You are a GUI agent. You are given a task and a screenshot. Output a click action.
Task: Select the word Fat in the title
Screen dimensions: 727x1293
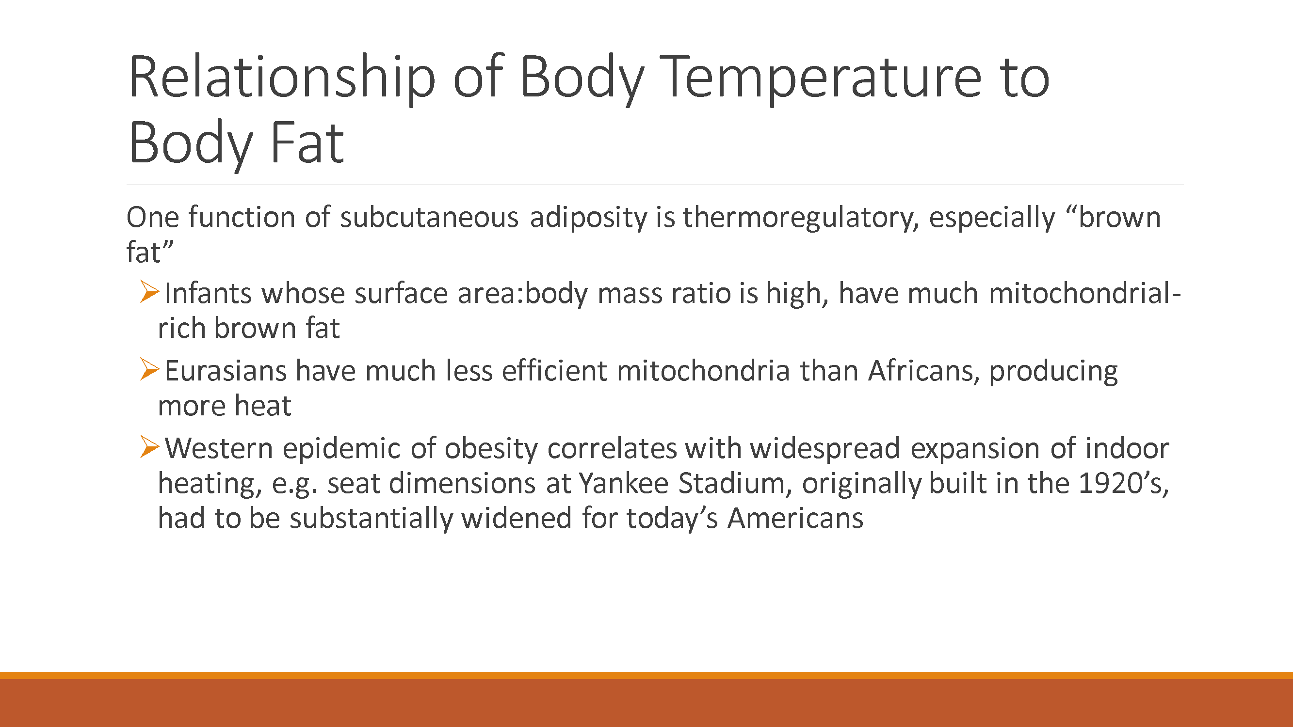pyautogui.click(x=307, y=143)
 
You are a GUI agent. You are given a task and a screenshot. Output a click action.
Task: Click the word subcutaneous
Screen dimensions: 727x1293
pyautogui.click(x=429, y=218)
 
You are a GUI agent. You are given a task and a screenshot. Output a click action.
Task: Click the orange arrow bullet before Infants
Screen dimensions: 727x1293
pyautogui.click(x=149, y=292)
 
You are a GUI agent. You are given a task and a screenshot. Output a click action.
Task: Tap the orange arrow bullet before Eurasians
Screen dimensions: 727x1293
pyautogui.click(x=149, y=369)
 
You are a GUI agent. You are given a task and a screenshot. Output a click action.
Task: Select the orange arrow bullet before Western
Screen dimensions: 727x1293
pyautogui.click(x=149, y=446)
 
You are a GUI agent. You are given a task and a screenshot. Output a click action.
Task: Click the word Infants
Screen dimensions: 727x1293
pyautogui.click(x=208, y=294)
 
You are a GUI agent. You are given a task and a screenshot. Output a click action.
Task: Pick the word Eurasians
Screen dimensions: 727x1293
pyautogui.click(x=226, y=371)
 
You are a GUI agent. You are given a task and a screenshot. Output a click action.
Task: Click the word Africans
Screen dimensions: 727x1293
pyautogui.click(x=923, y=371)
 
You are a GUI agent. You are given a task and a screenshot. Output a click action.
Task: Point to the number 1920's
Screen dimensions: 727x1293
pyautogui.click(x=1123, y=483)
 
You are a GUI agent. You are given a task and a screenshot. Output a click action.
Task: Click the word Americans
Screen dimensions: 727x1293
pyautogui.click(x=795, y=518)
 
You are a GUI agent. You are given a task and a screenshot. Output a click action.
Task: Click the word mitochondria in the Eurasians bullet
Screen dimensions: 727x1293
pyautogui.click(x=703, y=371)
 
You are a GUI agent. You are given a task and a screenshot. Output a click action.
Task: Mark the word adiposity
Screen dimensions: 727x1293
pyautogui.click(x=589, y=218)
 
